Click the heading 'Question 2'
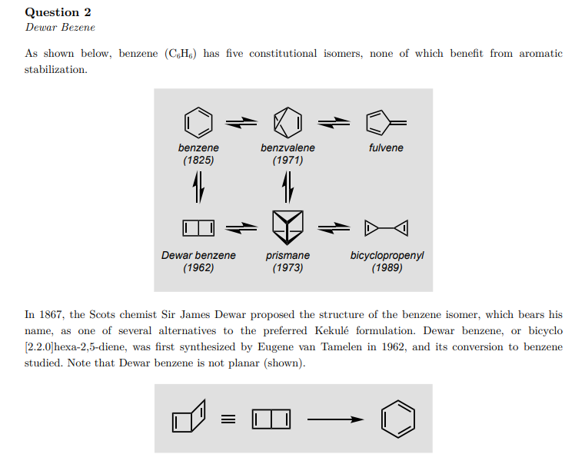tap(52, 12)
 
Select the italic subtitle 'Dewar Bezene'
tap(60, 28)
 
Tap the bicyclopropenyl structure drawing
tap(386, 227)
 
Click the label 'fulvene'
tap(386, 148)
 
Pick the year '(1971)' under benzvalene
tap(288, 161)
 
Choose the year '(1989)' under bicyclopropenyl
tap(387, 268)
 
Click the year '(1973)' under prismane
tap(288, 268)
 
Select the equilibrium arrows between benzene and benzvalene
tap(241, 121)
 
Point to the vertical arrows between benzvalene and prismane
tap(288, 184)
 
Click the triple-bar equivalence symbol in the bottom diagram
tap(227, 419)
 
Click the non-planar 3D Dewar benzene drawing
tap(189, 417)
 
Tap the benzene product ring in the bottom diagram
tap(398, 419)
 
